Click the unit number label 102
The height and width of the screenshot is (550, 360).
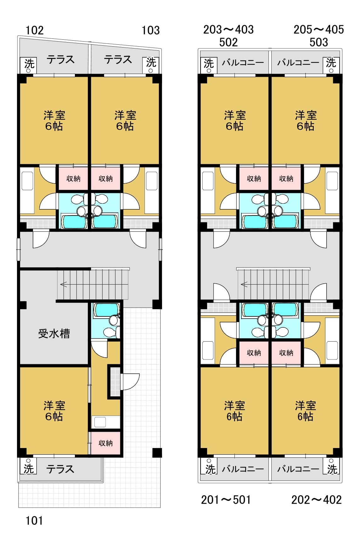[35, 30]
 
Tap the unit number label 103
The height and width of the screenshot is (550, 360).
[150, 30]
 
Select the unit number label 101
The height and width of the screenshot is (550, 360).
[34, 520]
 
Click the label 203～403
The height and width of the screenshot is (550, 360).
[228, 30]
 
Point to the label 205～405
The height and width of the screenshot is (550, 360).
[319, 30]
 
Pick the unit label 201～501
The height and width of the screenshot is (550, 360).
[226, 500]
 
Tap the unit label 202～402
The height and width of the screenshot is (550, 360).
[317, 500]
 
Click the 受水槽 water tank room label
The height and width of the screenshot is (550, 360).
[54, 333]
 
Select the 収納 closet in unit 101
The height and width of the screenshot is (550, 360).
[105, 443]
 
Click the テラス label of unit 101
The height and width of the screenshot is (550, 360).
[60, 469]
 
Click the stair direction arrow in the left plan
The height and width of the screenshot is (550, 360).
[64, 284]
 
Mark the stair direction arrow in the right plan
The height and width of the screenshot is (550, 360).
[244, 284]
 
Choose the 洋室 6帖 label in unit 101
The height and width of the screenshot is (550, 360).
[54, 411]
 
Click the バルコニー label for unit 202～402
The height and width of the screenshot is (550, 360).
[298, 469]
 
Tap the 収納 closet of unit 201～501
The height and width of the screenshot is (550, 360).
[254, 353]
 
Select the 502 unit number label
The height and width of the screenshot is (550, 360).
[228, 42]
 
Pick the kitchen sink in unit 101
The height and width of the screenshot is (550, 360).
[100, 422]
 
